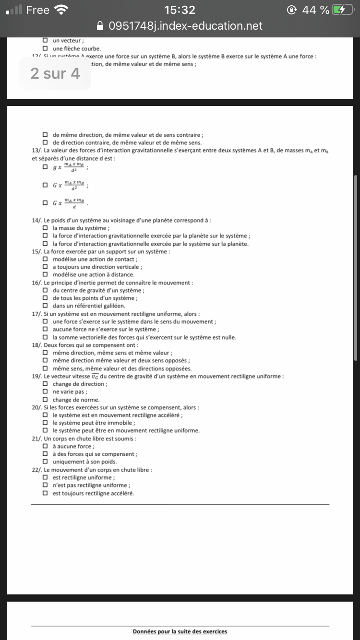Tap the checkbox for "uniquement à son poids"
[45, 462]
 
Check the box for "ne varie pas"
[45, 392]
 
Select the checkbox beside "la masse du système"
[45, 228]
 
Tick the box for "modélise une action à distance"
[45, 275]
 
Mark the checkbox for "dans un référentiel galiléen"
[45, 306]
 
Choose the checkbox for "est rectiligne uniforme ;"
[45, 478]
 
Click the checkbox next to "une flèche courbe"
[45, 48]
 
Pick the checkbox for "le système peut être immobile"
[45, 423]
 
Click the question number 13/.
[37, 151]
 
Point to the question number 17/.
[37, 314]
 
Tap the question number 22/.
[37, 470]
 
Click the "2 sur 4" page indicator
[55, 73]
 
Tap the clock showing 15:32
[180, 10]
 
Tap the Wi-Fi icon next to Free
[61, 10]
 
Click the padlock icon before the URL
[100, 26]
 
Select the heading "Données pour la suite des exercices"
[180, 631]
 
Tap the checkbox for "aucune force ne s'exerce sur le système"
[45, 330]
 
